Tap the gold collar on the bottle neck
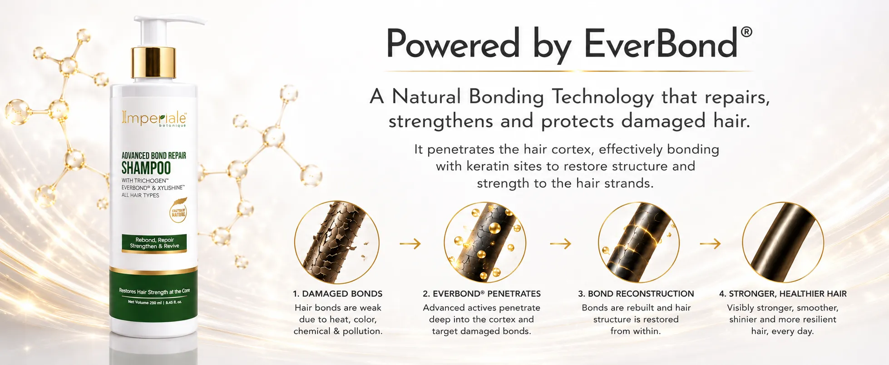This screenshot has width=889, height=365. click(x=153, y=62)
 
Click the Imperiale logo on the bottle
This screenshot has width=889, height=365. click(x=154, y=118)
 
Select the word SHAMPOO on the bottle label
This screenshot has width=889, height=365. click(x=146, y=168)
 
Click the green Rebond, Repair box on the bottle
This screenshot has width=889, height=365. click(x=154, y=243)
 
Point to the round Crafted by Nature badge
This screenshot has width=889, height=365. click(x=178, y=213)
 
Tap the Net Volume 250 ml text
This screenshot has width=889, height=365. click(x=155, y=302)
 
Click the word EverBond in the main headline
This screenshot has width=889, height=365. click(x=661, y=44)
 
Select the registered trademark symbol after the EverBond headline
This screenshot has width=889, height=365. click(x=746, y=32)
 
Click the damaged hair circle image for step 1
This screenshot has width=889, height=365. click(x=336, y=242)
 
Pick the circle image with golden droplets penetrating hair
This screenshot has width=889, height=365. click(x=485, y=242)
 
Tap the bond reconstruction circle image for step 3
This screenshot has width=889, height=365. click(x=638, y=242)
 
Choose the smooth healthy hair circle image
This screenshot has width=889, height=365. click(x=783, y=242)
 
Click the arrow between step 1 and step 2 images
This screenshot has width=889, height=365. click(x=410, y=244)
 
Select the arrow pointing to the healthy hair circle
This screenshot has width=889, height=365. click(x=710, y=244)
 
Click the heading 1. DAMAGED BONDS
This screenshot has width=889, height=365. click(x=338, y=294)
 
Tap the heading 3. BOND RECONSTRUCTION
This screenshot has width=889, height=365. click(x=636, y=294)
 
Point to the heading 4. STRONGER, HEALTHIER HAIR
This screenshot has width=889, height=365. click(x=783, y=294)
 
